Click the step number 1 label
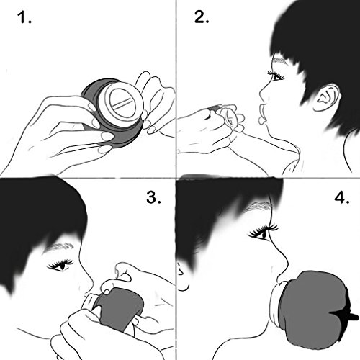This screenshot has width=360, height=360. pyautogui.click(x=24, y=17)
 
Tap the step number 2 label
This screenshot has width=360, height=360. pyautogui.click(x=202, y=17)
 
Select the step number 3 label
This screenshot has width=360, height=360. pyautogui.click(x=153, y=197)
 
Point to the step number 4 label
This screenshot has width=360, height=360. pyautogui.click(x=342, y=197)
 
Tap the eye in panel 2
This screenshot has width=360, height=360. pyautogui.click(x=276, y=76)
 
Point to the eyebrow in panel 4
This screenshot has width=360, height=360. pyautogui.click(x=258, y=207)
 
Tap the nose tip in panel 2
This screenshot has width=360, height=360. pyautogui.click(x=261, y=94)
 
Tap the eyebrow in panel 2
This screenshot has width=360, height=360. pyautogui.click(x=280, y=60)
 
